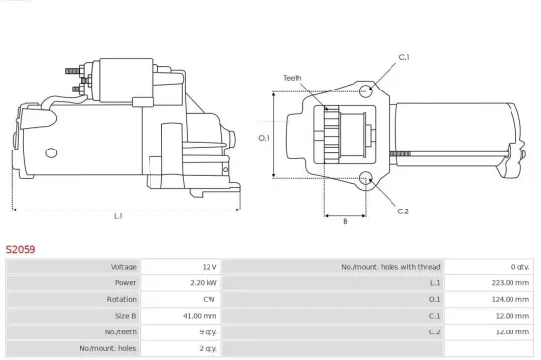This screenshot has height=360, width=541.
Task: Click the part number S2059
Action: click(21, 250)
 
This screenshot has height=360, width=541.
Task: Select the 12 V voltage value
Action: click(208, 267)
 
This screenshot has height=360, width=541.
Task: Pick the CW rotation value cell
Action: click(209, 300)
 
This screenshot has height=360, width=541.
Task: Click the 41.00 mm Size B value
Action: click(201, 316)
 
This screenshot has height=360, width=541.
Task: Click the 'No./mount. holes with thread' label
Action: click(391, 267)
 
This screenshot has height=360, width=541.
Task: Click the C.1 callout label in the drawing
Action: click(403, 58)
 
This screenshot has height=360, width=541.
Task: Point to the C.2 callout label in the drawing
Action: click(403, 210)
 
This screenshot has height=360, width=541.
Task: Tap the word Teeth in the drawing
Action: click(292, 78)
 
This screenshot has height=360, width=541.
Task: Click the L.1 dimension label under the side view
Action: click(118, 215)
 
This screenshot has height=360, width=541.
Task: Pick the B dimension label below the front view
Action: click(344, 221)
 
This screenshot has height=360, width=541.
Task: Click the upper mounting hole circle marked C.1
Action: click(366, 91)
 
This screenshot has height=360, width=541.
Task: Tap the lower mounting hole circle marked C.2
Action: click(366, 179)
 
